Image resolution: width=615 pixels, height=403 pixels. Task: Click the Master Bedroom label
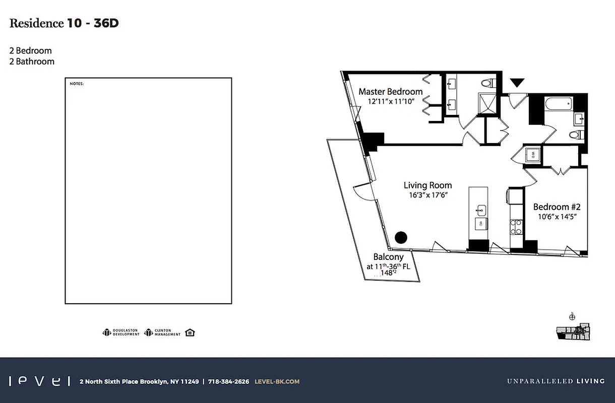tap(390, 92)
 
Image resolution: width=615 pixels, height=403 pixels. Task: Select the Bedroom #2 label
tap(557, 207)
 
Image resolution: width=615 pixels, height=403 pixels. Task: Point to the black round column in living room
tap(401, 237)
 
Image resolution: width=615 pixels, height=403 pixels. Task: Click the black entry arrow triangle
tap(517, 83)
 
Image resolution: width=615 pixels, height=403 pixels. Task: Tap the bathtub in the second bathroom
tap(558, 105)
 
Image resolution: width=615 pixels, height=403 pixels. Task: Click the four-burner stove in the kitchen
tap(516, 228)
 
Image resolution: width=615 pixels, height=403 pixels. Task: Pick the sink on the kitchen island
tap(481, 209)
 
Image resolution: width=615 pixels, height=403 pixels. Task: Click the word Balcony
tap(388, 257)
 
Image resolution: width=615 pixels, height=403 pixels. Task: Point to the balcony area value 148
tap(386, 273)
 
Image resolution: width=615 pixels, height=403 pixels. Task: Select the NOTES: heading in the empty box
tap(77, 84)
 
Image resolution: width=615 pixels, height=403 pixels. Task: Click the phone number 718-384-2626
tap(228, 381)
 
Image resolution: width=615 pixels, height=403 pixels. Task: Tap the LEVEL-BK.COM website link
tap(277, 381)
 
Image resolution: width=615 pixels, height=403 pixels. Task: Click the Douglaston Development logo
tap(121, 332)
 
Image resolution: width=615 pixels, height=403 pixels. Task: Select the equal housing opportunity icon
tap(190, 332)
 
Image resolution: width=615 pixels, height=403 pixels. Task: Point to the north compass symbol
tap(572, 317)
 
